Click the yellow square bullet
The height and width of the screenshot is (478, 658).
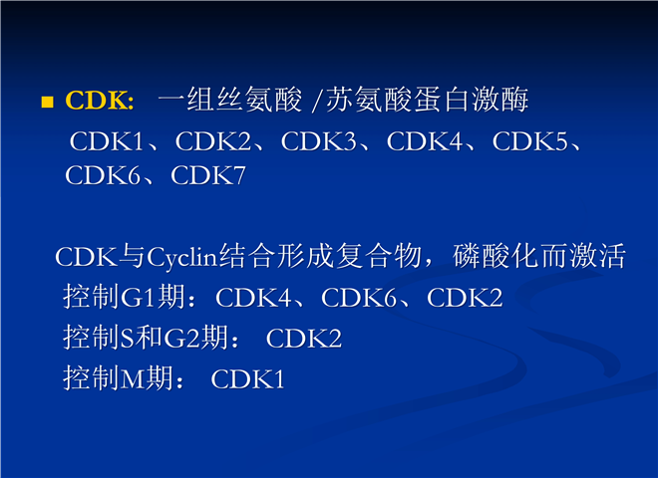(48, 102)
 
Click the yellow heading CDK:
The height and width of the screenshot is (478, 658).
(100, 101)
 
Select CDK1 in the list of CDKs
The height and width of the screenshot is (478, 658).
(107, 141)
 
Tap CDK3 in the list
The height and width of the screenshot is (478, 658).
(318, 141)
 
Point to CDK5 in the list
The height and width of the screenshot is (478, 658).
(529, 141)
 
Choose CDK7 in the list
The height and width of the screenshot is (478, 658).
(207, 175)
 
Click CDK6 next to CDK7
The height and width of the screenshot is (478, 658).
(102, 175)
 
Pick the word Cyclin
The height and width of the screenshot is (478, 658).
(182, 257)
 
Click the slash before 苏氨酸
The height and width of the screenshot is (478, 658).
(317, 101)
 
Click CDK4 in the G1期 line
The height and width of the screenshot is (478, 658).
(253, 298)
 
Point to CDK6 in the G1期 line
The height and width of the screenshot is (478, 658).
(359, 298)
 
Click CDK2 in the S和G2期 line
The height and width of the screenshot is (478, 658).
(304, 339)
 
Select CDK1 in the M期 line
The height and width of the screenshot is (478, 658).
(247, 379)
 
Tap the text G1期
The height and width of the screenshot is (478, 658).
(153, 297)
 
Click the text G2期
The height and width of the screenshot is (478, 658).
(195, 338)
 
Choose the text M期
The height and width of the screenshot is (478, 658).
(147, 378)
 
